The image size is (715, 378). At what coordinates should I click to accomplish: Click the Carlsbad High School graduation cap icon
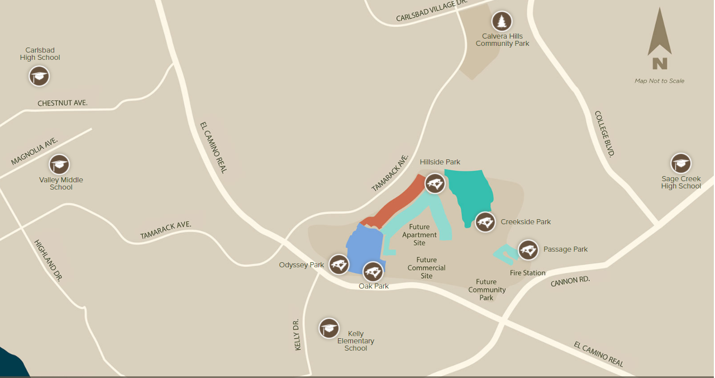coord(39,76)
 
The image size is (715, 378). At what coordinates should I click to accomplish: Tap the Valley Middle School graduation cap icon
coord(59,164)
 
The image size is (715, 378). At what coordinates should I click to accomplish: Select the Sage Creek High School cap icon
coord(681,163)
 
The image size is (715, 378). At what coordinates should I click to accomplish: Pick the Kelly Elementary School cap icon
coord(329,328)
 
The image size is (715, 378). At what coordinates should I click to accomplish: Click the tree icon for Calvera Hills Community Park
coord(502,22)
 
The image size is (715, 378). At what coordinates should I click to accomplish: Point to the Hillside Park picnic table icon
coord(435,183)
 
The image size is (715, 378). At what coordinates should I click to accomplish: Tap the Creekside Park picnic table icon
coord(485,222)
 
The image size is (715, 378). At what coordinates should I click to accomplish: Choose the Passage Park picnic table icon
coord(528,250)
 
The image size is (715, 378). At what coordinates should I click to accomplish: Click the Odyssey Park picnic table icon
coord(339,264)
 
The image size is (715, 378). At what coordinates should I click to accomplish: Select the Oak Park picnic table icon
coord(373,272)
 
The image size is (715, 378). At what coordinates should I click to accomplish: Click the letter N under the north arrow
coord(660,63)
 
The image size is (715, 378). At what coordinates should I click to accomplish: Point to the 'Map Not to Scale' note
coord(659,81)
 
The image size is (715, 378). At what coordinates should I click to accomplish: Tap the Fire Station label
coord(527,273)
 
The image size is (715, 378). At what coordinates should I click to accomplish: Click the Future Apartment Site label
coord(420,235)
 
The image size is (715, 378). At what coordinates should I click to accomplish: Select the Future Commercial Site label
coord(427,268)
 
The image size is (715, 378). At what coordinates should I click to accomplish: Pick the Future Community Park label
coord(487,290)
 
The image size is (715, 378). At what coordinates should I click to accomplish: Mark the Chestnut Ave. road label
coord(63,103)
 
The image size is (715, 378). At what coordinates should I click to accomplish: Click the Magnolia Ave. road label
coord(35,152)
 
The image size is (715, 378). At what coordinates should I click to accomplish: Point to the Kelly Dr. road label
coord(297,335)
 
